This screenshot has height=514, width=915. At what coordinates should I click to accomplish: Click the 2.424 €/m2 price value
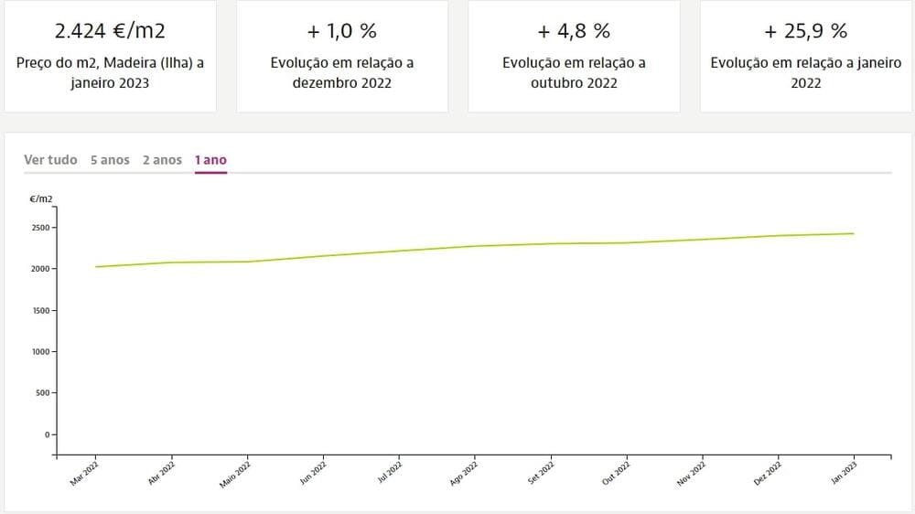click(x=110, y=31)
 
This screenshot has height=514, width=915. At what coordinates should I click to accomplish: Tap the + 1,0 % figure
click(x=342, y=31)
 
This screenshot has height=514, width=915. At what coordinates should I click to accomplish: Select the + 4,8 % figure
click(x=574, y=31)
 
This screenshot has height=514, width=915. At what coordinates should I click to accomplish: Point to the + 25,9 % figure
click(x=805, y=31)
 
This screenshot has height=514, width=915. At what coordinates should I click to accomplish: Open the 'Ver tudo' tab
click(x=50, y=160)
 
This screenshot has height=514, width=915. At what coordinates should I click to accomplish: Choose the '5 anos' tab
click(x=110, y=160)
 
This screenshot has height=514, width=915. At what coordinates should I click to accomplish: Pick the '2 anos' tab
click(x=162, y=160)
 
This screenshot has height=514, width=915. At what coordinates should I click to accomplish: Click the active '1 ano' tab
click(x=210, y=160)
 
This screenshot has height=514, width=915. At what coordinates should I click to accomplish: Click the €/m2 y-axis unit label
click(x=41, y=198)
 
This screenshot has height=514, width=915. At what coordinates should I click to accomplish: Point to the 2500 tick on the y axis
click(x=42, y=228)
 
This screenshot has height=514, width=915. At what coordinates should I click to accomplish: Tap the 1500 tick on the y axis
click(x=42, y=310)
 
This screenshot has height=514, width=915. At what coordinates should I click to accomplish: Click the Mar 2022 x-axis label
click(x=84, y=475)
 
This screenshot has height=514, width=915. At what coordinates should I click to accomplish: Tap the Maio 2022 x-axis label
click(x=235, y=475)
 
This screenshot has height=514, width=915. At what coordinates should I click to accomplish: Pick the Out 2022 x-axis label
click(x=617, y=475)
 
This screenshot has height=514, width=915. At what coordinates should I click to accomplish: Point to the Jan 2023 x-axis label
click(x=844, y=475)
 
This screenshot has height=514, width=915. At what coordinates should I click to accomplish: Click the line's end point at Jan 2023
click(x=854, y=233)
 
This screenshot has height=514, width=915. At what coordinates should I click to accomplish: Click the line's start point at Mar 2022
click(x=95, y=267)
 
